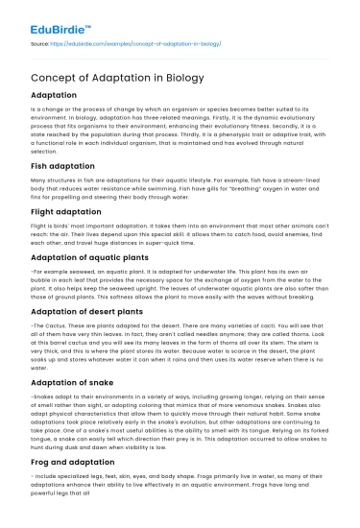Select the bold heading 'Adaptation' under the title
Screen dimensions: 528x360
[60, 97]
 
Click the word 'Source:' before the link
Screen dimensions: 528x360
[41, 44]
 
